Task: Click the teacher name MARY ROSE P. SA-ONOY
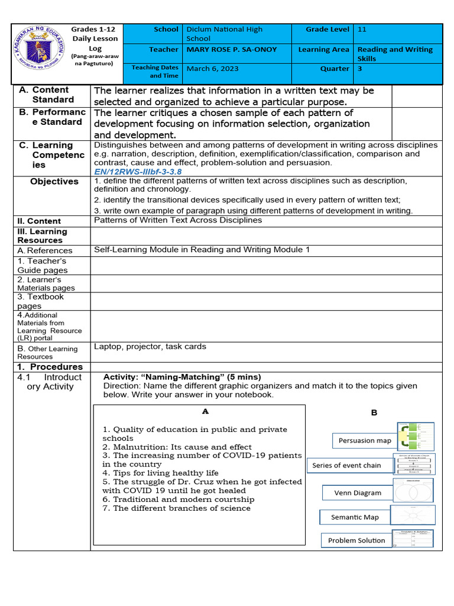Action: (231, 50)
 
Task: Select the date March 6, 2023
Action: (213, 69)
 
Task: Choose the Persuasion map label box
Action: (365, 440)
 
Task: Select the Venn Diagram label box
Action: (358, 492)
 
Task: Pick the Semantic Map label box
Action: (355, 517)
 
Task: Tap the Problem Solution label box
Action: (356, 540)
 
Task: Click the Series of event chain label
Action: (346, 465)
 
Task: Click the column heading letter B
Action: (374, 412)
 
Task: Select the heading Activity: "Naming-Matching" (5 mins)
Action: (182, 377)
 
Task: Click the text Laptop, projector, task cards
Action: (150, 347)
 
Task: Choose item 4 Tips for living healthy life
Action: (160, 473)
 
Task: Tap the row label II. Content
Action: (39, 221)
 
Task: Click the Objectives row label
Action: (54, 182)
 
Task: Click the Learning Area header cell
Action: (323, 50)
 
